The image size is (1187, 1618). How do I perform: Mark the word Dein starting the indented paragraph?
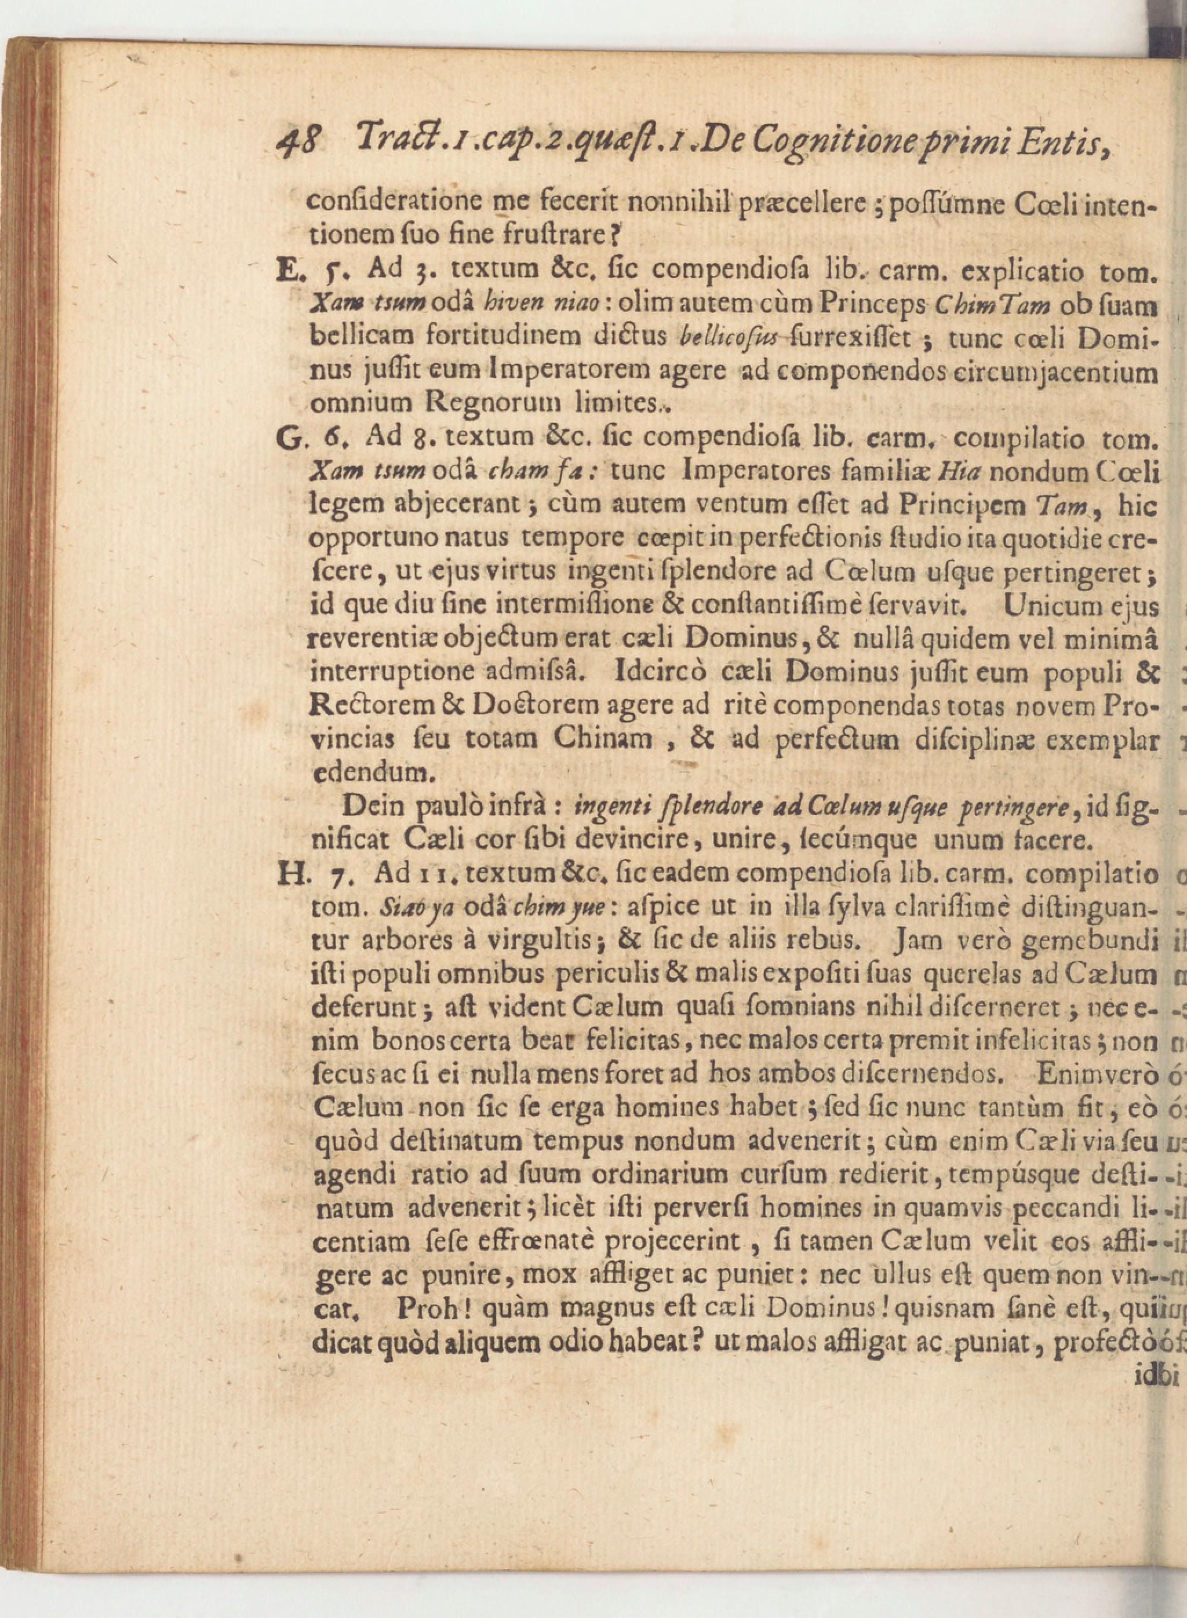click(370, 806)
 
